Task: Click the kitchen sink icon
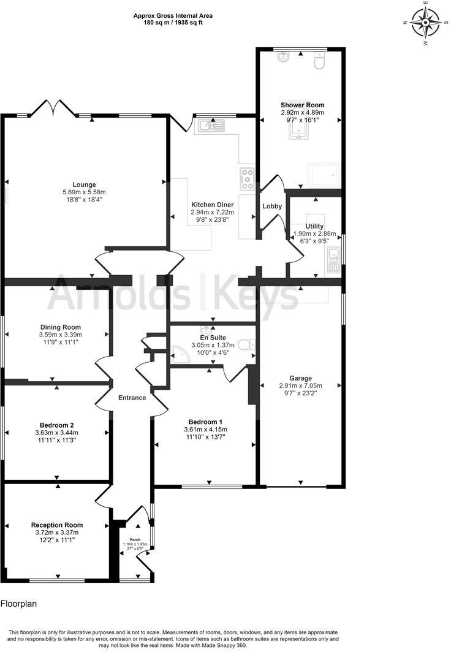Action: tap(210, 126)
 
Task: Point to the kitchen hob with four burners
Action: tap(247, 178)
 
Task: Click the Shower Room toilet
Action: tap(319, 61)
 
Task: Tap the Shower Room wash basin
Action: tap(283, 58)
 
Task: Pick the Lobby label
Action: tap(272, 207)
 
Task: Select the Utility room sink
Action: tap(333, 260)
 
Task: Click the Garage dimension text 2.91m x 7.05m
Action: tap(300, 385)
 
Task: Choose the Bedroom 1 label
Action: tap(205, 422)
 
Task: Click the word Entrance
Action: tap(132, 398)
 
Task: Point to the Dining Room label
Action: tap(61, 327)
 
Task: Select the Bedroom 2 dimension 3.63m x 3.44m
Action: tap(56, 433)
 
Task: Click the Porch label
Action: tap(135, 540)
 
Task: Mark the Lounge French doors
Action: tap(54, 109)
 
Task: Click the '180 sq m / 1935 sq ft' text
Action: tap(169, 23)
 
